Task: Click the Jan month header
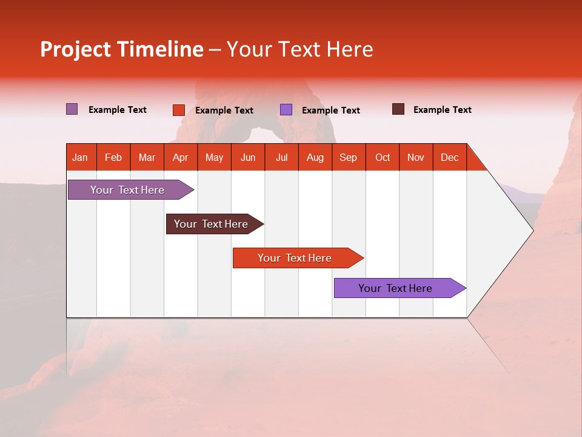coord(80,157)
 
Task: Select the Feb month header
coord(113,157)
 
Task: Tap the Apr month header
coord(180,157)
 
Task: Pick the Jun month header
coord(248,157)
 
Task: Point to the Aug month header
coord(315,157)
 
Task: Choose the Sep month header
coord(348,157)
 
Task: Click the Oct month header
coord(383,157)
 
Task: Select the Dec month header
coord(449,157)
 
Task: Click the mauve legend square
coord(72,109)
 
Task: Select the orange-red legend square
coord(179,110)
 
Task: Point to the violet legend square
coord(286,110)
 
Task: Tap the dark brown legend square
coord(398,109)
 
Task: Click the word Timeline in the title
coord(160,49)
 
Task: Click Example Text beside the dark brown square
coord(442,110)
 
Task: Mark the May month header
coord(214,157)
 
